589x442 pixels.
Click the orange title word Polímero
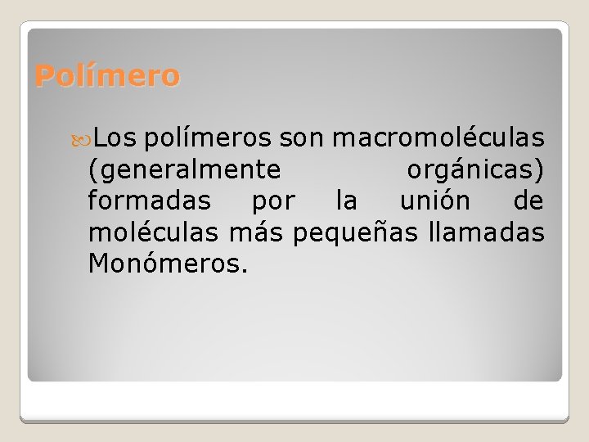coord(107,76)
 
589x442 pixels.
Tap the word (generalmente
coord(185,170)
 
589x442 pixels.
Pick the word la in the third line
coord(346,201)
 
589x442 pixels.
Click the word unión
coord(434,201)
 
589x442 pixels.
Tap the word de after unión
coord(528,201)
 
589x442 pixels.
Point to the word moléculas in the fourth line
coord(153,232)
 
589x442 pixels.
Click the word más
coord(255,232)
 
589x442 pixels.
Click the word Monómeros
coord(164,264)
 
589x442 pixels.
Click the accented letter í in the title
coord(92,75)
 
